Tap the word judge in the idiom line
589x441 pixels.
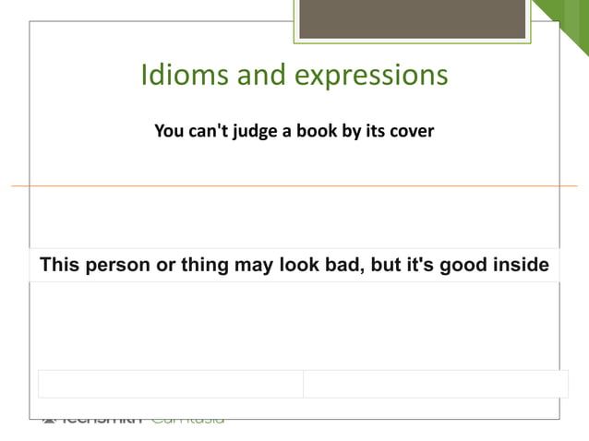252,131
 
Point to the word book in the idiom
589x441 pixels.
315,131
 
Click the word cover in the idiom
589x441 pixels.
411,131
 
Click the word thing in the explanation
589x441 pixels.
188,266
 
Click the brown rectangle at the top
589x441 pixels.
412,19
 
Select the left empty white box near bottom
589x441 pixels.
170,384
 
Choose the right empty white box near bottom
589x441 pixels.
435,384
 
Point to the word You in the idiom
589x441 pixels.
168,131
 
